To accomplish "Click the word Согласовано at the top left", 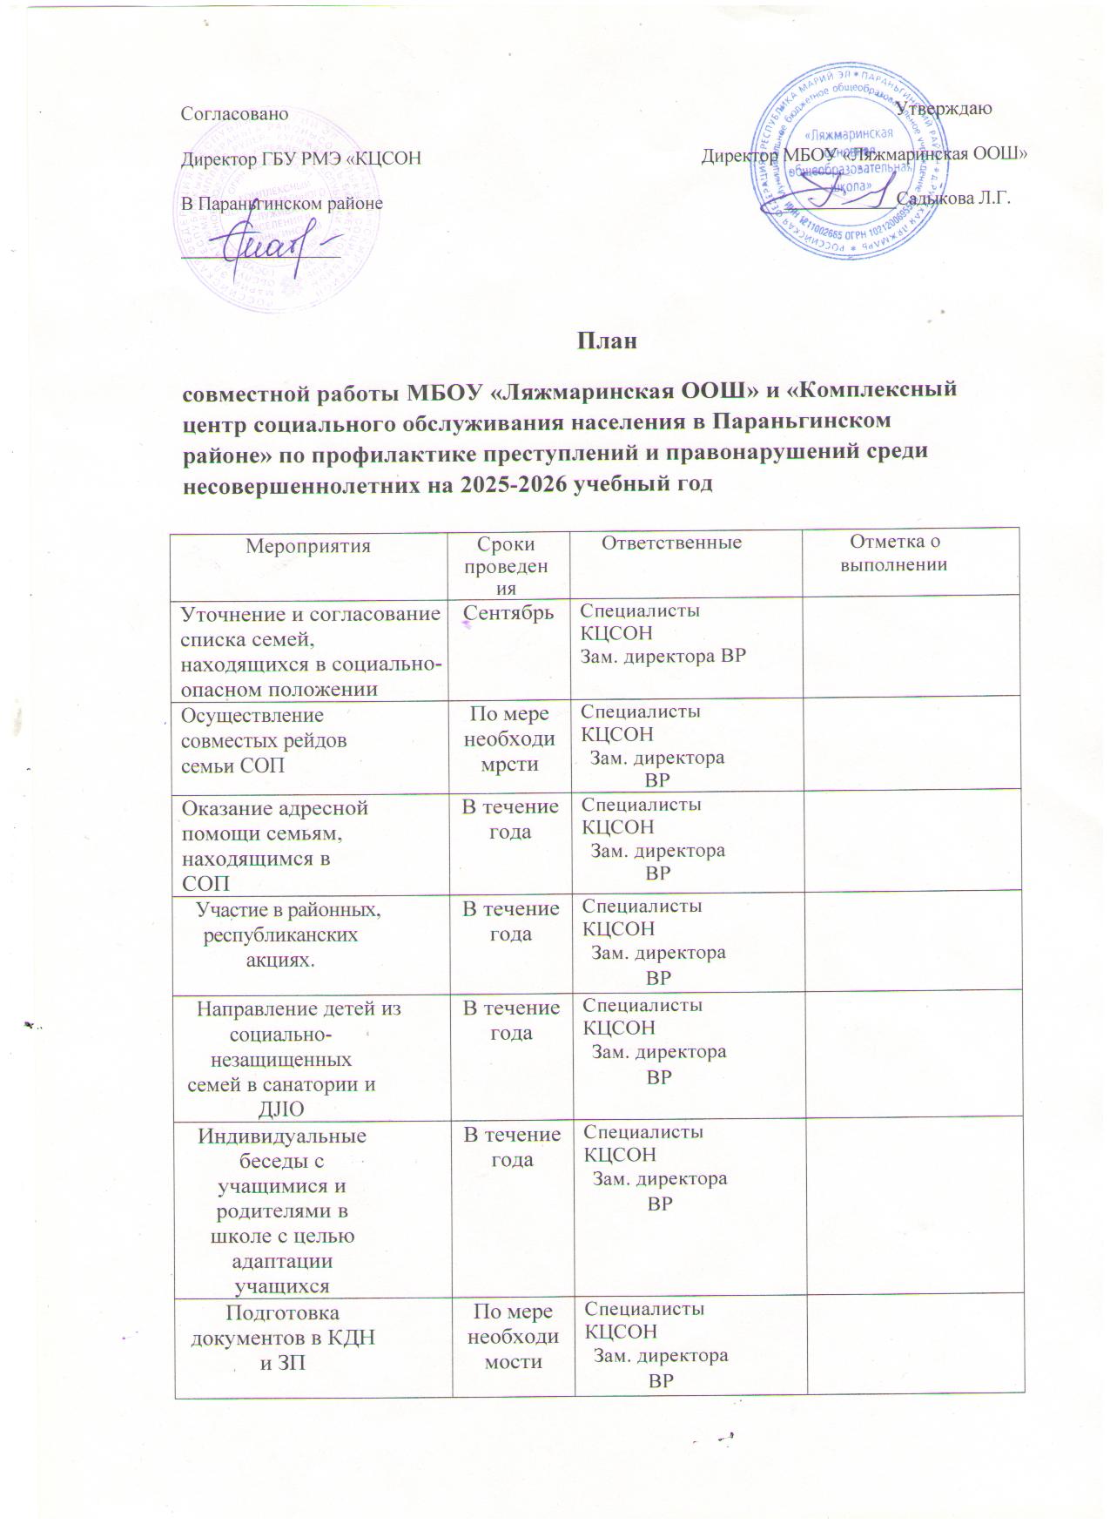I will [233, 113].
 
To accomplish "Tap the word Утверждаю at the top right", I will [945, 109].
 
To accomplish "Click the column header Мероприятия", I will [308, 546].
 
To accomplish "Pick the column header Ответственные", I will [672, 543].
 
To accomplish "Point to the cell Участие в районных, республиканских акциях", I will [290, 934].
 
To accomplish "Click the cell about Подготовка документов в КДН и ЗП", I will [283, 1338].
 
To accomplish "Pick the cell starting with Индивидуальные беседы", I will [283, 1210].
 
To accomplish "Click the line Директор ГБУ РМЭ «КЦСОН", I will [300, 158].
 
